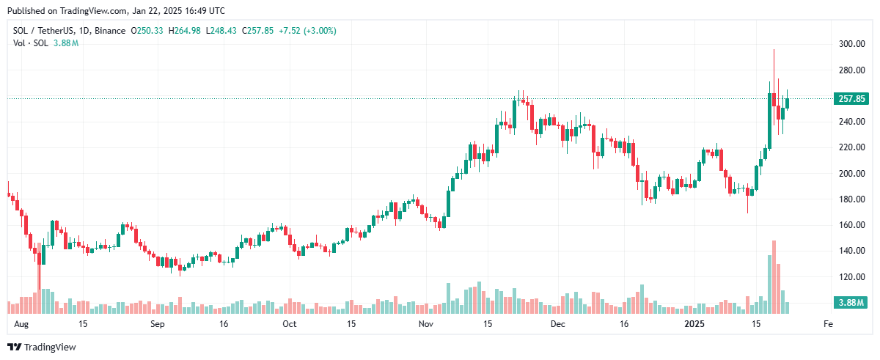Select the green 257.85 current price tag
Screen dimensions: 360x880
pos(851,98)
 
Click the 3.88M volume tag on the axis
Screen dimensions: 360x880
pos(851,302)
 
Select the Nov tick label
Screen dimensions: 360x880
pos(425,323)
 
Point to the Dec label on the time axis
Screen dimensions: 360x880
pos(558,323)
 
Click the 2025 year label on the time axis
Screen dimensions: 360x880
pos(693,323)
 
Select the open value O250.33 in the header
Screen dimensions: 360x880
pos(148,31)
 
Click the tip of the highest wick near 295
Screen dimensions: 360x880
pos(774,49)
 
